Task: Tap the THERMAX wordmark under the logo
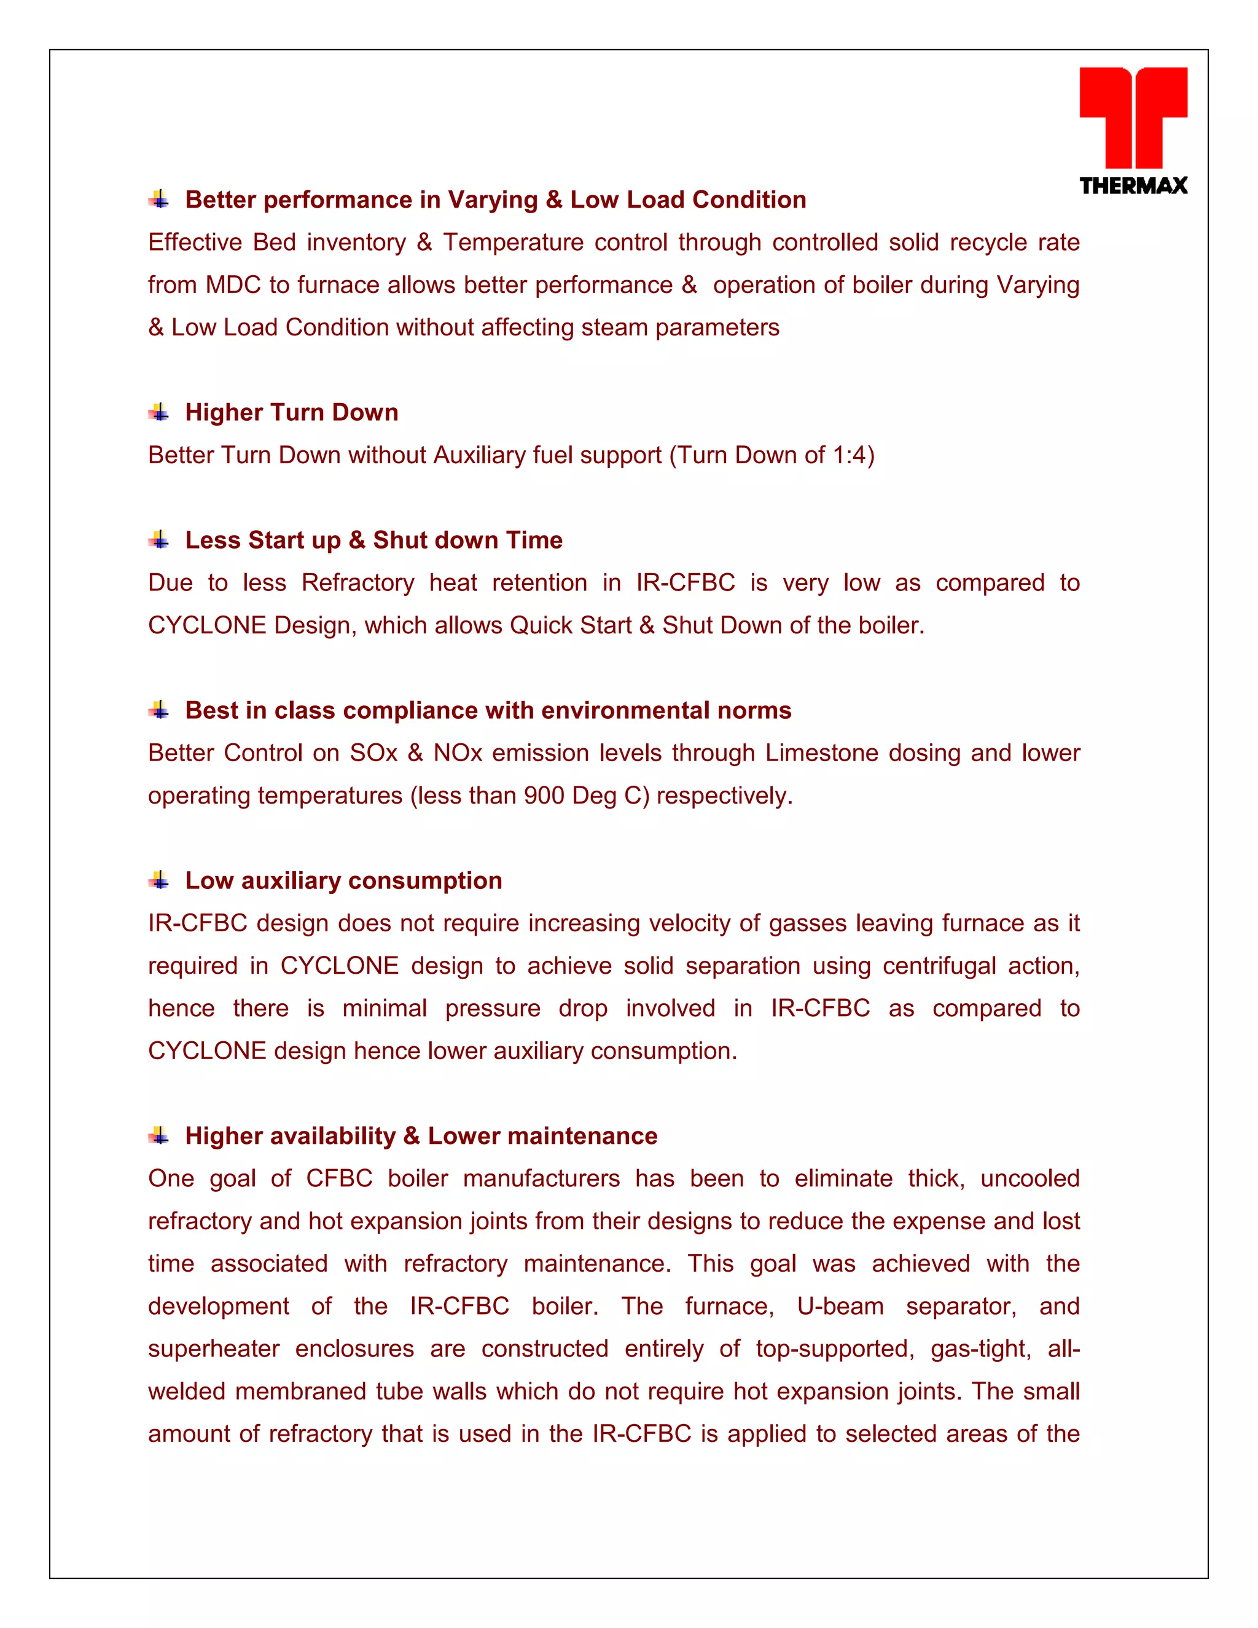[1133, 186]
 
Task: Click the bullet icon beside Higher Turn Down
[158, 412]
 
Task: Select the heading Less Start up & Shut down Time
[373, 539]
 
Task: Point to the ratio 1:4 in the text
[850, 455]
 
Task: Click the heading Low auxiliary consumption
[343, 880]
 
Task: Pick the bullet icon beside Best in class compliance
[158, 710]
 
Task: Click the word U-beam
[840, 1306]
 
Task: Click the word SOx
[373, 753]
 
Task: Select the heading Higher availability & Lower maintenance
[421, 1135]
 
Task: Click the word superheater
[214, 1349]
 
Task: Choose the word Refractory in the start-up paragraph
[357, 582]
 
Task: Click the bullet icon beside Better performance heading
[158, 200]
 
